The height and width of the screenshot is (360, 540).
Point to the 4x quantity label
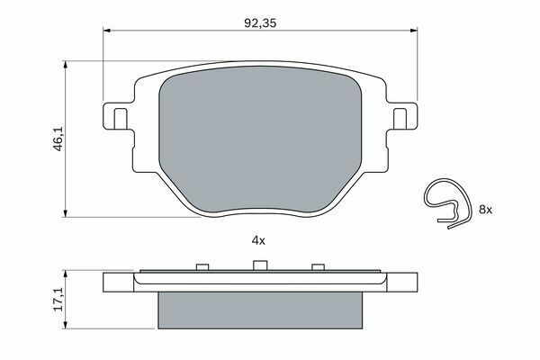259,240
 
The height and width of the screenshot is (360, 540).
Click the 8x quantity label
487,209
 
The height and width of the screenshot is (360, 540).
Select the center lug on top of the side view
259,265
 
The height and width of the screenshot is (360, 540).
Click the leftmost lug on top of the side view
202,266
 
